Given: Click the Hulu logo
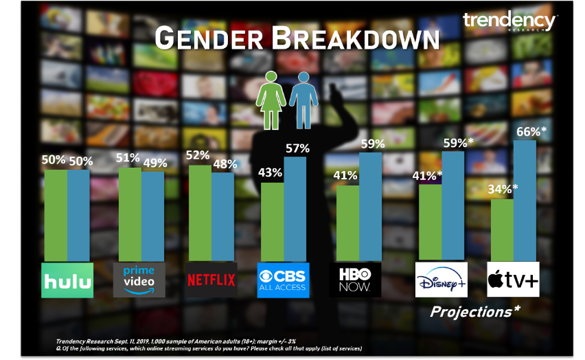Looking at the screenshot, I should (67, 280).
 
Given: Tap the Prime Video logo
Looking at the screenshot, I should (139, 280).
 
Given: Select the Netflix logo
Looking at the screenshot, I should (211, 280).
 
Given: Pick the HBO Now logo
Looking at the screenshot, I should (356, 280).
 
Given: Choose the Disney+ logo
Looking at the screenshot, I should (441, 280).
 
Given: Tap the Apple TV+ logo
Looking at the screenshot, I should (513, 280).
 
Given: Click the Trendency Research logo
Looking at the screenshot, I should (509, 22).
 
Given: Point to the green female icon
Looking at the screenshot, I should (273, 99).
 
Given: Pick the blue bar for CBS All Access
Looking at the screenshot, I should (295, 209).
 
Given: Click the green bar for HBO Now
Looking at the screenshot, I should (347, 223).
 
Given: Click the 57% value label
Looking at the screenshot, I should (297, 148).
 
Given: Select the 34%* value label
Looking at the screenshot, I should (504, 190).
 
